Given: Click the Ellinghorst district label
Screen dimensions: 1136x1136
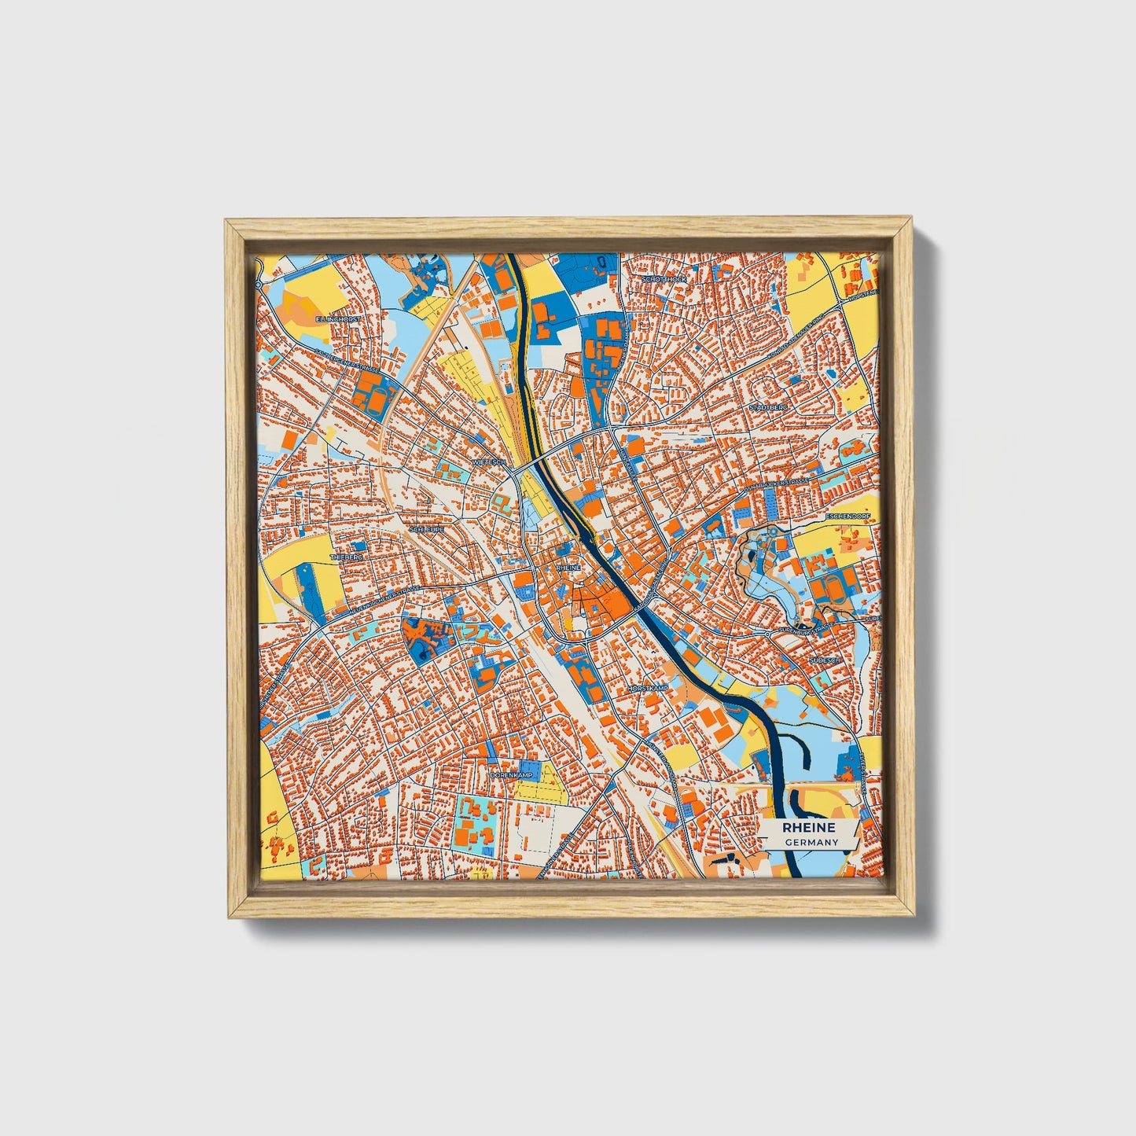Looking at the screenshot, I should pos(337,320).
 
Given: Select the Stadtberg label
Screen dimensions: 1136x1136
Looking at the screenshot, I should pos(767,408).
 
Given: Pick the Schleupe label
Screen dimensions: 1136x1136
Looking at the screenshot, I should pos(425,530).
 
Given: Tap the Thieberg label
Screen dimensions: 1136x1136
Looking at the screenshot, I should pos(349,556).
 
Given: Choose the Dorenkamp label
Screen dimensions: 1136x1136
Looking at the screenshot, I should pos(511,774).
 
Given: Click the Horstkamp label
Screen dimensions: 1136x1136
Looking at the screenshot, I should pos(647,688).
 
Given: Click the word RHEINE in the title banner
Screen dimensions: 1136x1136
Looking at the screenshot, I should pos(809,828).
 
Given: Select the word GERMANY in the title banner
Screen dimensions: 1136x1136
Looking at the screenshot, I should pos(811,842).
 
